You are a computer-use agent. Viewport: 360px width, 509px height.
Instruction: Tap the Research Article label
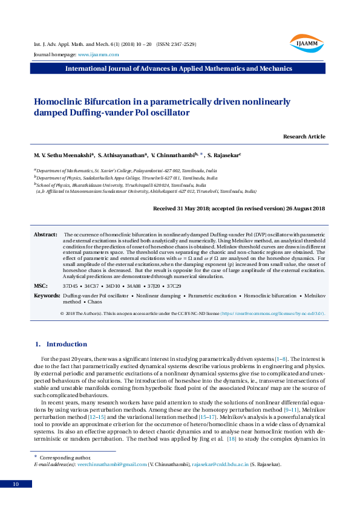[304, 137]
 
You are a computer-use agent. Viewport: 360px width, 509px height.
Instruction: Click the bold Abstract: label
[45, 234]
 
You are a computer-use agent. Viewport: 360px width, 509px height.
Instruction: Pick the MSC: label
[41, 285]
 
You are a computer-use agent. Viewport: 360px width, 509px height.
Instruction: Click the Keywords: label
[47, 296]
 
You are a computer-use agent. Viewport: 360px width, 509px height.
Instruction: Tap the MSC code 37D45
[71, 285]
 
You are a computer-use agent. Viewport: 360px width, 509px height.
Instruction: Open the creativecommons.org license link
[273, 314]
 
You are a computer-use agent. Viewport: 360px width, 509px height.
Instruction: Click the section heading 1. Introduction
[61, 344]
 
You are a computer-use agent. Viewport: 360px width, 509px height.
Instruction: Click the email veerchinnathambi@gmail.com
[111, 464]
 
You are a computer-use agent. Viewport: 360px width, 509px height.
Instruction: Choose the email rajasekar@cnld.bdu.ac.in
[220, 464]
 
